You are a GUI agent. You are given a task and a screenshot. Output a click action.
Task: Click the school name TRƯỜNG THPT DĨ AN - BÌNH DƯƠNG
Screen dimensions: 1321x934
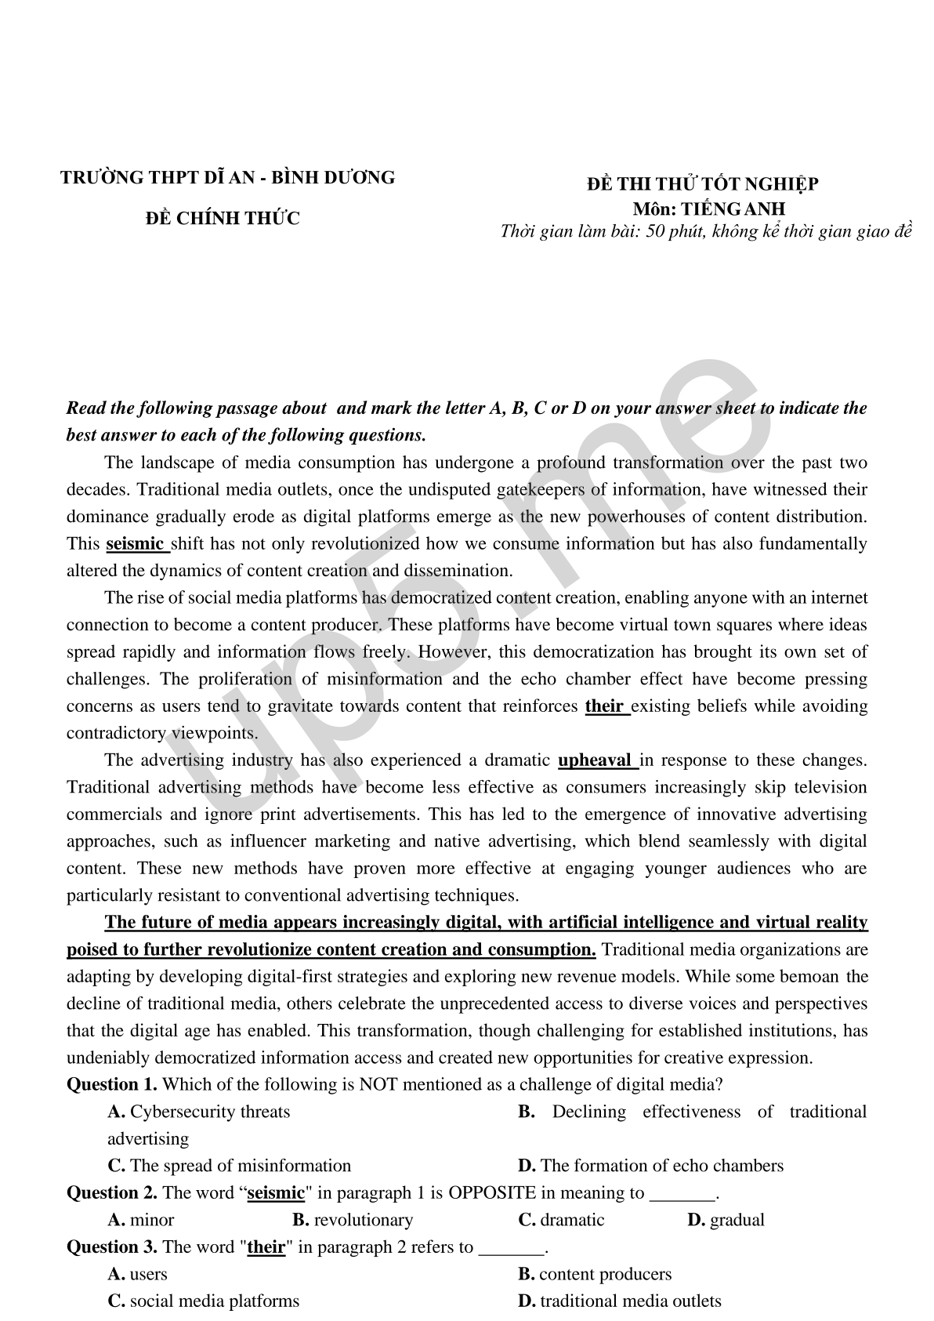(x=227, y=178)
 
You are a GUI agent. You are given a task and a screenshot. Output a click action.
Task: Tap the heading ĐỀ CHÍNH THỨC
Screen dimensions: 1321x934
(x=223, y=219)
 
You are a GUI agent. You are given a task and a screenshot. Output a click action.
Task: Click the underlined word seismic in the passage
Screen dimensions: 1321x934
(x=135, y=544)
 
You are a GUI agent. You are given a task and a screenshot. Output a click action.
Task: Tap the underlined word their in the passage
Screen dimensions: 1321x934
(x=604, y=706)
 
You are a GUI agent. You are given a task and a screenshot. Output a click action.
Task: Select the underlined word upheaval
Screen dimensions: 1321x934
(x=595, y=760)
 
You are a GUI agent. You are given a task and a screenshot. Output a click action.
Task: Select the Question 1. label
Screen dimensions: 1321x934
(x=112, y=1085)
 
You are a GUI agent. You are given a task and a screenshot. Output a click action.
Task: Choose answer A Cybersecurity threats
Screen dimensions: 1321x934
(x=199, y=1112)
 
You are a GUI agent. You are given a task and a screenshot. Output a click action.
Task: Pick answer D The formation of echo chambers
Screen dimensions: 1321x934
(x=651, y=1167)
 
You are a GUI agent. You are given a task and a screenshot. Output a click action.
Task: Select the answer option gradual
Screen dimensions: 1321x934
(x=726, y=1221)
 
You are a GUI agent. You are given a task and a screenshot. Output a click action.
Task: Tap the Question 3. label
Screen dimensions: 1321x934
(x=112, y=1247)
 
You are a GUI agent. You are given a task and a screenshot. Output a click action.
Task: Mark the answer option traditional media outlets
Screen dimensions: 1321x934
(x=620, y=1301)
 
